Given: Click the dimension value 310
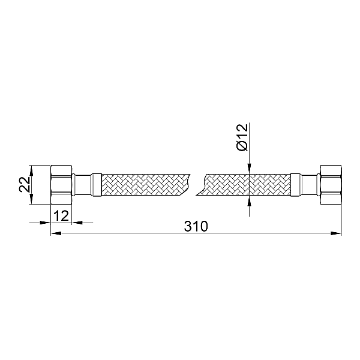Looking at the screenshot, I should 196,226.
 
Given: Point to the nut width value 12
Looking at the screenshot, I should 60,215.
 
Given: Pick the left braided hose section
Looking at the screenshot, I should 144,185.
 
